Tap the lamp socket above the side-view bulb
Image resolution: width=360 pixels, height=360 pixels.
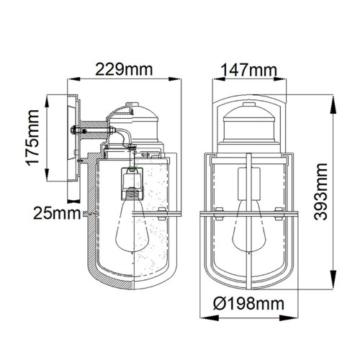(x=132, y=184)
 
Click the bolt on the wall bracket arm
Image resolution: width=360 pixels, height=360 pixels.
(x=77, y=130)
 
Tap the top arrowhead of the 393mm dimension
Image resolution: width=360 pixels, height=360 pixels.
(x=333, y=96)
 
